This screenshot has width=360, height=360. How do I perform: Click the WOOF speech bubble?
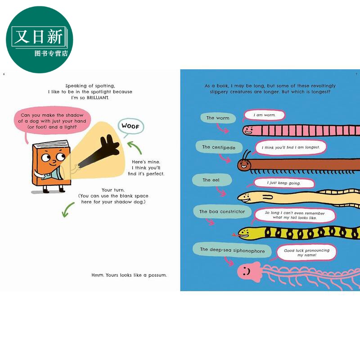tap(130, 126)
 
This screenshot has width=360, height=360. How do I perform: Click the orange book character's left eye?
tap(46, 157)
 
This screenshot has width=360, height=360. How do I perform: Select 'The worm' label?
tap(218, 118)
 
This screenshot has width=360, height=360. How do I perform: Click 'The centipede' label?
tap(219, 147)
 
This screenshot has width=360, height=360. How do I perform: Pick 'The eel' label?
tap(211, 180)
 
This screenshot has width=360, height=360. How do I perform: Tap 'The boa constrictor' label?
tap(222, 211)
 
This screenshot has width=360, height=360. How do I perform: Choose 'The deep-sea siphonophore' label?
tap(232, 250)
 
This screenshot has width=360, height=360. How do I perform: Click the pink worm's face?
tap(249, 130)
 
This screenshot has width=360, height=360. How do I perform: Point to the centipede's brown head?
tap(244, 164)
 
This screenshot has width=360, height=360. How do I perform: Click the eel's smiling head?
tap(247, 198)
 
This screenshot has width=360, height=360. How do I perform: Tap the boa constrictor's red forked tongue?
tap(235, 235)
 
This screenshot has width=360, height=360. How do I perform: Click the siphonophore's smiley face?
tap(247, 271)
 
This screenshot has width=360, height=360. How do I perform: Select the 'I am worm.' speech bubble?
tap(264, 115)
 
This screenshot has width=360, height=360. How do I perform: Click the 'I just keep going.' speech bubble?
tap(284, 183)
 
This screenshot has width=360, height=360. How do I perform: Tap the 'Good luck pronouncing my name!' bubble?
tap(306, 252)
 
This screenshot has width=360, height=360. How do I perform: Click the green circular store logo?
tap(40, 40)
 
